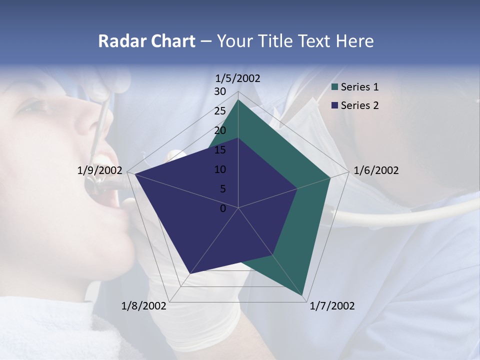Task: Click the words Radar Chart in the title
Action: point(146,41)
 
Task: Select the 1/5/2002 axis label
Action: point(238,78)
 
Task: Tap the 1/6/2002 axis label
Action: point(376,170)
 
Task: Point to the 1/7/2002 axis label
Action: point(332,306)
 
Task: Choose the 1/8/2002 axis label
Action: point(144,306)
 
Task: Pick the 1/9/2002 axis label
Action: point(100,170)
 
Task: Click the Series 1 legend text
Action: point(359,87)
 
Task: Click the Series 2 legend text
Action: point(359,105)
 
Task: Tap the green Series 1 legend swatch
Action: point(335,87)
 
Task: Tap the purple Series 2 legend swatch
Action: point(335,105)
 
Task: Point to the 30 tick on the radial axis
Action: point(220,91)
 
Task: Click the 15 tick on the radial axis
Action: point(220,150)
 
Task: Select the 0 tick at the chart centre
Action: point(223,208)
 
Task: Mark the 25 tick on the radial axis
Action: point(220,111)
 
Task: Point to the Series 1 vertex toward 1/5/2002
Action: point(238,100)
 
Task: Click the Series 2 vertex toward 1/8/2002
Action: point(189,273)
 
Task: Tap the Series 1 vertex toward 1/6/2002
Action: point(330,177)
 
